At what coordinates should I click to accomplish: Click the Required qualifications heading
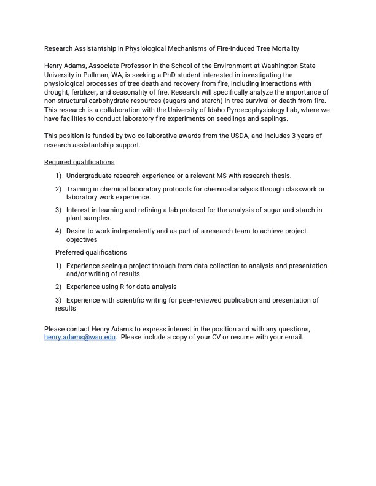click(79, 163)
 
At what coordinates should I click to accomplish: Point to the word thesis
click(281, 175)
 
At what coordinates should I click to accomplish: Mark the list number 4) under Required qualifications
click(58, 231)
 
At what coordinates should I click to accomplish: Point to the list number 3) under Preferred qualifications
click(58, 300)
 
